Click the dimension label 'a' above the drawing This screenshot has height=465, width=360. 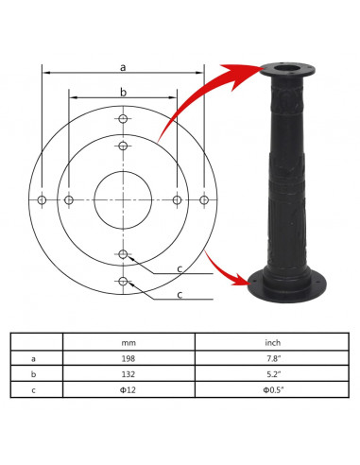(x=123, y=67)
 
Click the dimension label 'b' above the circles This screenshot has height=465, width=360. (x=123, y=93)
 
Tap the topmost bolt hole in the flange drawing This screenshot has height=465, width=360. (x=123, y=119)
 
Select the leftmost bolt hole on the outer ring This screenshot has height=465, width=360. (x=42, y=200)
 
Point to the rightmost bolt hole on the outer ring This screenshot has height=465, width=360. (x=204, y=200)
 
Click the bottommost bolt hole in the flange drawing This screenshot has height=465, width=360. (x=123, y=281)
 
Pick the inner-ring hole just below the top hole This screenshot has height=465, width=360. (x=123, y=146)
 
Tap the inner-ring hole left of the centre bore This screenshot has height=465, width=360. (x=69, y=200)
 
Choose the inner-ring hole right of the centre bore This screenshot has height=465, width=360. (x=178, y=200)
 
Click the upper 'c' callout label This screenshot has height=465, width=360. (x=180, y=269)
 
